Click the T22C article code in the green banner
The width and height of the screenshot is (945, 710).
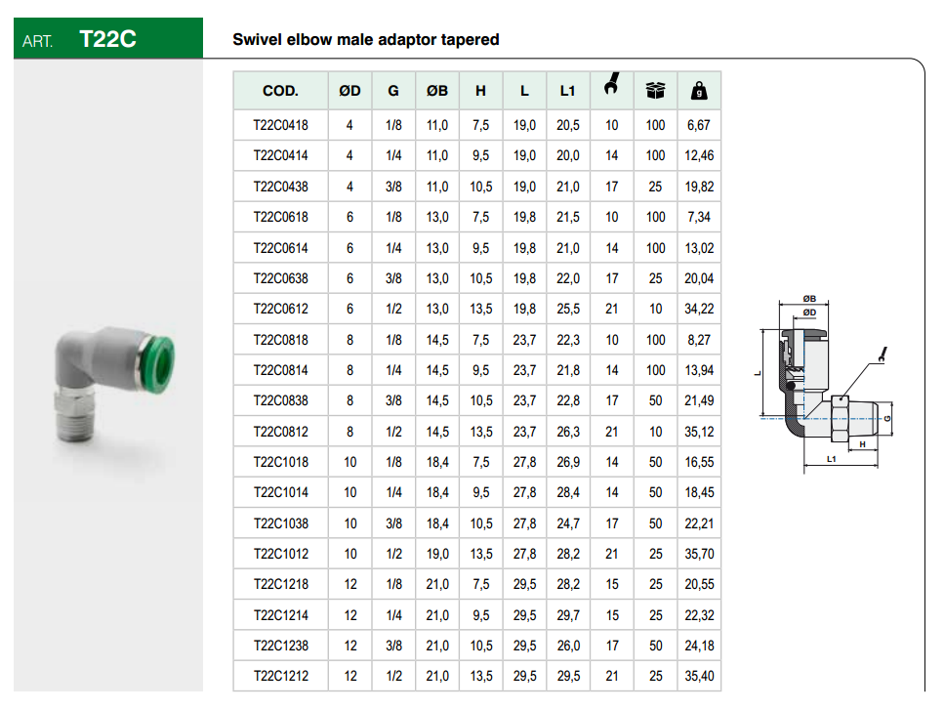pos(108,39)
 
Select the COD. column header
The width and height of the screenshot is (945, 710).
pos(280,91)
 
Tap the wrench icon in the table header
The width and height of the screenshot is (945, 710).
pos(611,84)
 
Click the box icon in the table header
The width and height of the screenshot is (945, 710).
pos(655,91)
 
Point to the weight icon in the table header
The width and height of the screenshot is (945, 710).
pos(699,91)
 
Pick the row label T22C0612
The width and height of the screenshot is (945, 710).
pos(281,310)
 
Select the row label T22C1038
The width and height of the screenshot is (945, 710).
pos(281,523)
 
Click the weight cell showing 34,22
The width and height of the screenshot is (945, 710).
pos(699,310)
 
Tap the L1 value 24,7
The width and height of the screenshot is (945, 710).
pos(568,523)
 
